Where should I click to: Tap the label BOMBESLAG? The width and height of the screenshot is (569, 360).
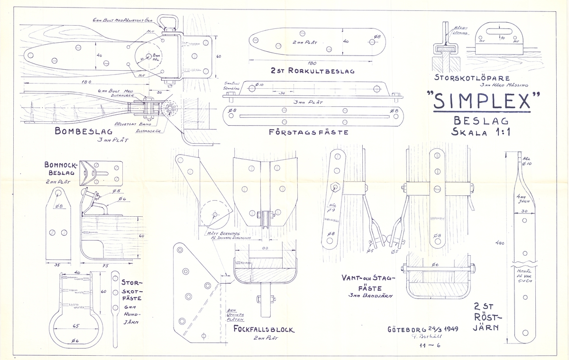point(83,130)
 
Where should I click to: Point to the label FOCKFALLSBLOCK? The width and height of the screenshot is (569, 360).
point(264,329)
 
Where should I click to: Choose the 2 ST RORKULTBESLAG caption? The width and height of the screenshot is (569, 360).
point(312,71)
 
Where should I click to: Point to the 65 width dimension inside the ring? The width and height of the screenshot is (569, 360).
point(75,326)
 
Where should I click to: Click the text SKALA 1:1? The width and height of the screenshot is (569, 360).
point(481,132)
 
